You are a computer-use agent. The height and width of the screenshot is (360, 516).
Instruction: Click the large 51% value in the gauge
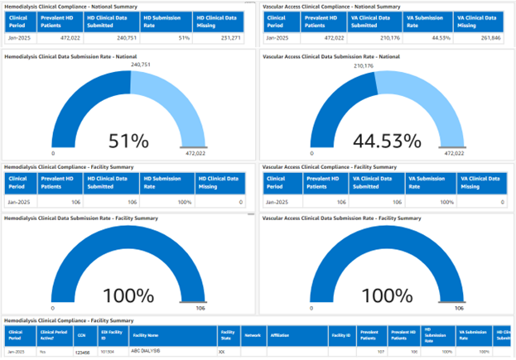(128, 141)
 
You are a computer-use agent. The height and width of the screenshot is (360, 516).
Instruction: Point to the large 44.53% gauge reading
(382, 141)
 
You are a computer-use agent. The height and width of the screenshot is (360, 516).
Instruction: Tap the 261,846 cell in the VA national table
(485, 38)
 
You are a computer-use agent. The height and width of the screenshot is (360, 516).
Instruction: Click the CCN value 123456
(82, 353)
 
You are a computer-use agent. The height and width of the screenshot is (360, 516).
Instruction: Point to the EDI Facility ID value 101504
(108, 352)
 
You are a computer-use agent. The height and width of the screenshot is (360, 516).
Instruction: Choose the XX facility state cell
(221, 352)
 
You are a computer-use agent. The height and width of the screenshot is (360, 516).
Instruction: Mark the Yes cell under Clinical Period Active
(43, 352)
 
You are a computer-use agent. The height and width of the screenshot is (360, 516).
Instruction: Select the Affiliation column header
(281, 336)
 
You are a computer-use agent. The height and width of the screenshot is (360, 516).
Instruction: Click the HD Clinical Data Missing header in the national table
(219, 21)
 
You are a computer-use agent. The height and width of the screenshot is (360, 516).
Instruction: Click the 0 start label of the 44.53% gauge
(307, 153)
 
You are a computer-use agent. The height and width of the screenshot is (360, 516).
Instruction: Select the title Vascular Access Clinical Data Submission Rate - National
(343, 55)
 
